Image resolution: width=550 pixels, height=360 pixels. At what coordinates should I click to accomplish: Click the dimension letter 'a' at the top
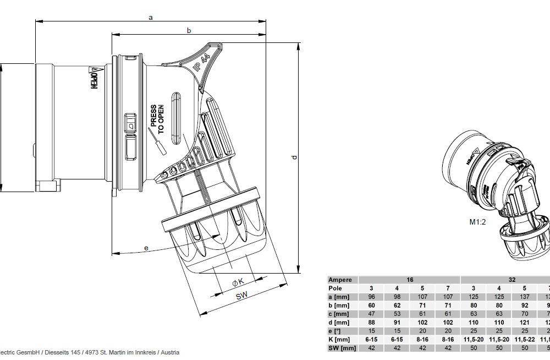click(151, 17)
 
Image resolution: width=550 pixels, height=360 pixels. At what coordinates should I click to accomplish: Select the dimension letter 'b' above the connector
click(189, 31)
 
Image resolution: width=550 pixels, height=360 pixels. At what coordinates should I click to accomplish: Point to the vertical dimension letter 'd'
click(294, 158)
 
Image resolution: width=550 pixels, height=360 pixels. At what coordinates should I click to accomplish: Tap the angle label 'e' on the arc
click(146, 248)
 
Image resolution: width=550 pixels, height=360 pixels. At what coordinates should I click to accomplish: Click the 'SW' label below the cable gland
click(242, 296)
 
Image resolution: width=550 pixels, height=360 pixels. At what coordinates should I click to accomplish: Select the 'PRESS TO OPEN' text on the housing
click(158, 119)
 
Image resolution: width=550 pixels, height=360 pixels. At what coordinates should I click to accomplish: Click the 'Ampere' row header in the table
click(340, 280)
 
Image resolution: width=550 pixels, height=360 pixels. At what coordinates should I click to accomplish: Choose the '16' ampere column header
click(409, 280)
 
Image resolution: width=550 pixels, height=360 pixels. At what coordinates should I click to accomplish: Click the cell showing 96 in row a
click(371, 297)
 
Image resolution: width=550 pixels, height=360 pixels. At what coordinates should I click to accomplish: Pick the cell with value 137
click(525, 297)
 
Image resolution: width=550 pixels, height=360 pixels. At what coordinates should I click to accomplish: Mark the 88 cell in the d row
click(371, 322)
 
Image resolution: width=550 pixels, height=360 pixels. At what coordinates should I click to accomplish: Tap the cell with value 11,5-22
click(525, 339)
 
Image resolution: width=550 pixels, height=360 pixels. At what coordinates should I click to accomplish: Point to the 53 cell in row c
click(397, 314)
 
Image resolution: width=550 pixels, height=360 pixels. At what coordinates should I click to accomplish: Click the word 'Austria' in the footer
click(169, 352)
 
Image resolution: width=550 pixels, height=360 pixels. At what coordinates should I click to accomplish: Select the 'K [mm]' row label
click(339, 339)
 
